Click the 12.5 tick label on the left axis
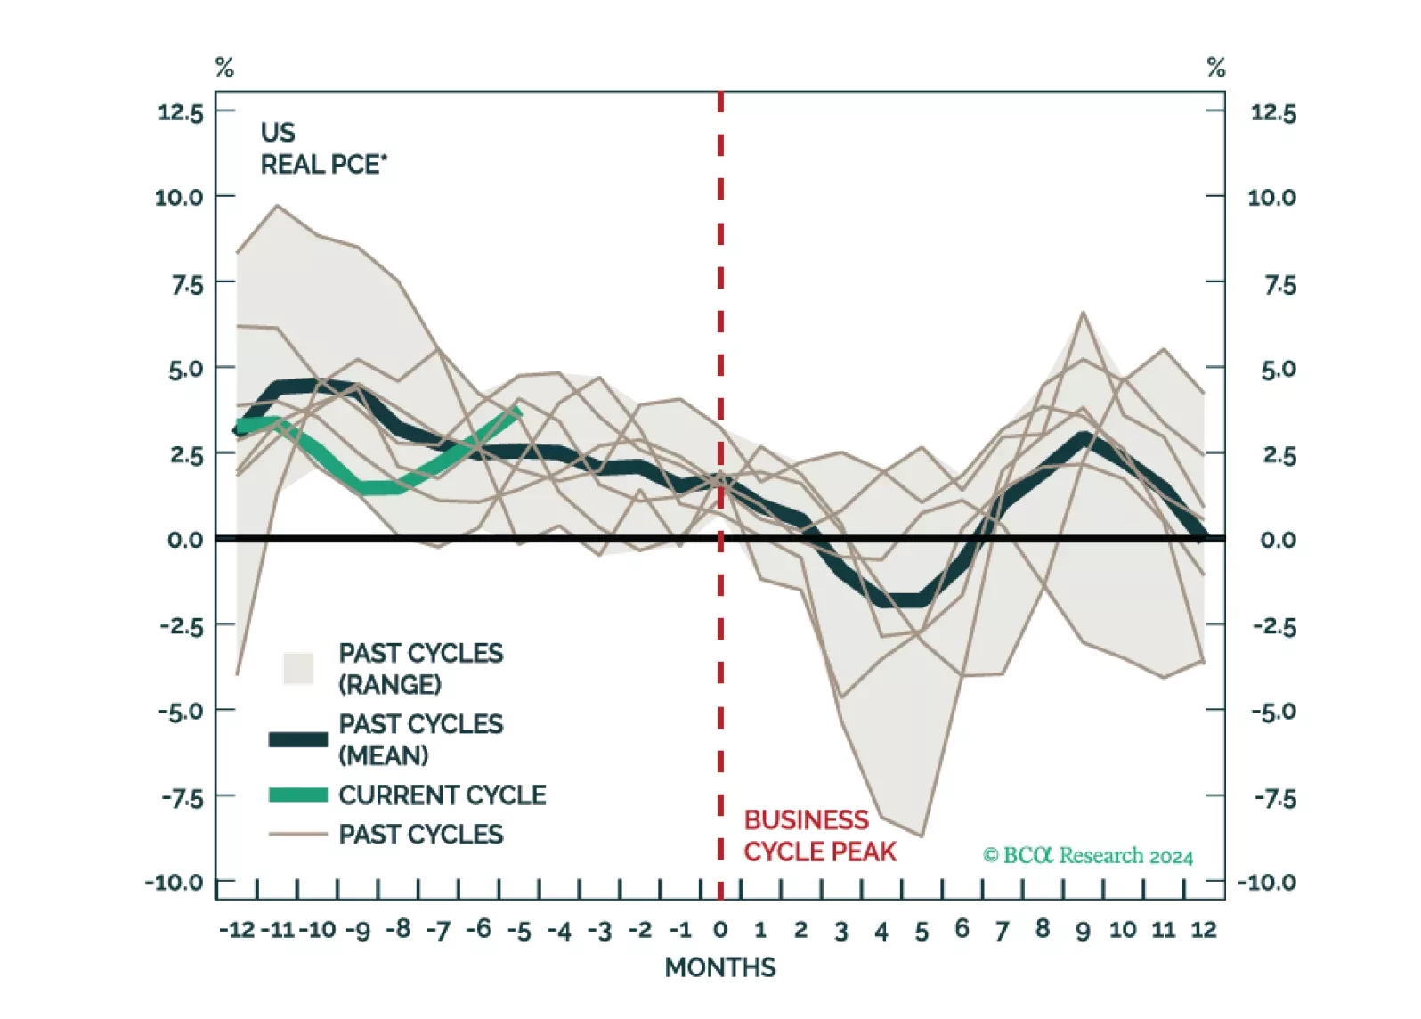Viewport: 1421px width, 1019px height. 181,112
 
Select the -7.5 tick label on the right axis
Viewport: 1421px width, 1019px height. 1275,798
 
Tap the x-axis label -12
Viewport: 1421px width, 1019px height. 237,930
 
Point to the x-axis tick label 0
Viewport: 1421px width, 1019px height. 720,930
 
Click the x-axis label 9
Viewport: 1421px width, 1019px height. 1083,931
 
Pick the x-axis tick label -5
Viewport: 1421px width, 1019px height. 519,931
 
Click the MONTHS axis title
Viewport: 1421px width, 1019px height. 720,967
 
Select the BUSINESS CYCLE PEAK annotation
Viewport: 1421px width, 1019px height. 819,836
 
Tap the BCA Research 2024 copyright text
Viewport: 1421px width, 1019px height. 1088,856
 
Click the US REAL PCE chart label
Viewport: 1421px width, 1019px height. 322,149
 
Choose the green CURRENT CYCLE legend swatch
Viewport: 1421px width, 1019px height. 298,795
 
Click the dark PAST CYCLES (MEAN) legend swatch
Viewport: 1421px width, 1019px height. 298,739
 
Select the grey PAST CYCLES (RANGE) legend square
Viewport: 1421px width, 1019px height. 298,668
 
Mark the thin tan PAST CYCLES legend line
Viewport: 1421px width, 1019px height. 298,835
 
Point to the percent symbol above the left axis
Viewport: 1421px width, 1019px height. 224,68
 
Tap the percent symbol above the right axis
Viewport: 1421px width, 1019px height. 1216,68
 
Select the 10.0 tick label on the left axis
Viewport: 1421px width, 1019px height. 179,197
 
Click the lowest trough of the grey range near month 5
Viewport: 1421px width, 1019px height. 922,836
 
